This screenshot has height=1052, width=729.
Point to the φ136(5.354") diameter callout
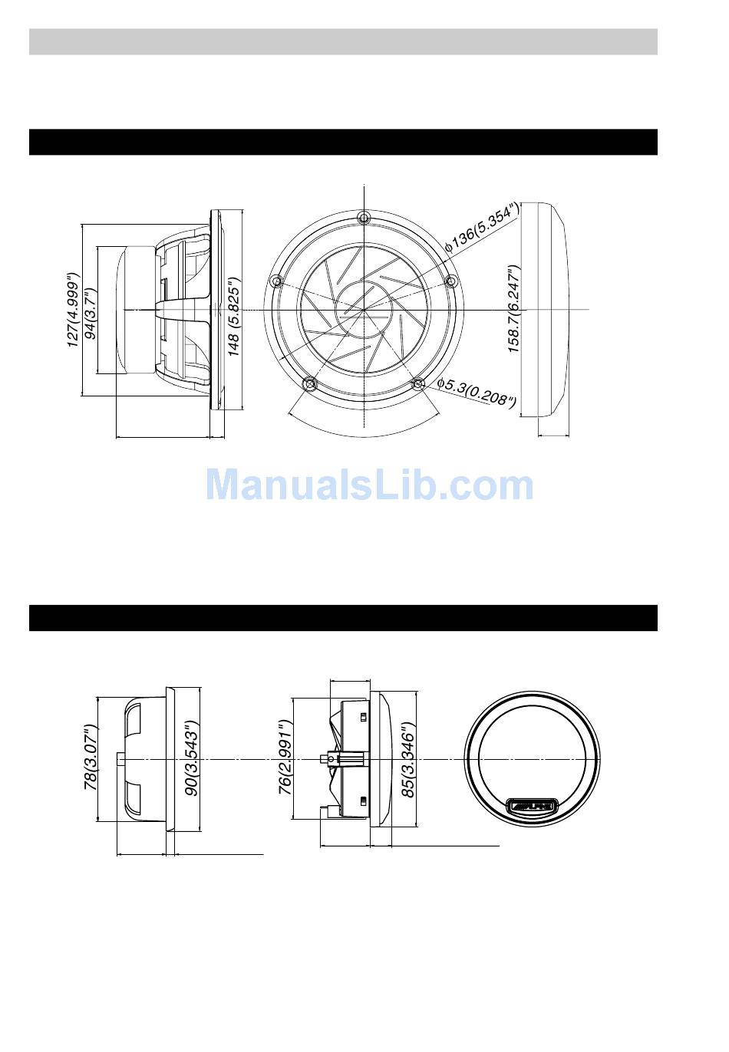(482, 228)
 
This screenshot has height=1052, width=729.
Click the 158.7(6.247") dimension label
(515, 309)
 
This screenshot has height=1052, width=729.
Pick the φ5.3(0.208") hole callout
(476, 392)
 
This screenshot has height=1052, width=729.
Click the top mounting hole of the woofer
(363, 217)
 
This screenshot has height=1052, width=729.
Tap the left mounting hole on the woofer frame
(276, 281)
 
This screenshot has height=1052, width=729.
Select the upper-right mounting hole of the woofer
(450, 281)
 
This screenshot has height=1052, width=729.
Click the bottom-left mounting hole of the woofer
(310, 383)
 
